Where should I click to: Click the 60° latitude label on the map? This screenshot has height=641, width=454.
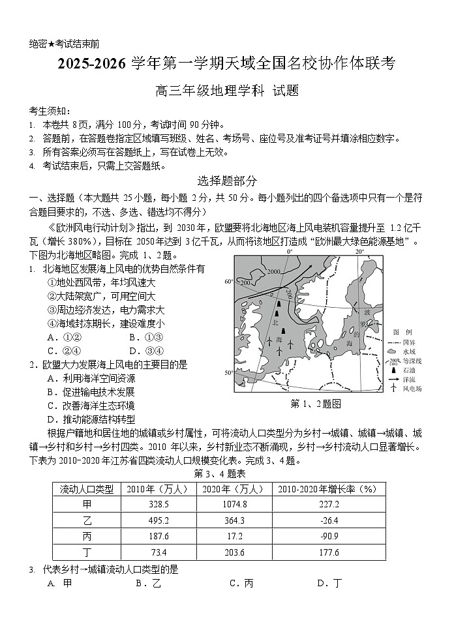229,282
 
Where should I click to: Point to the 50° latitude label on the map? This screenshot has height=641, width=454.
229,373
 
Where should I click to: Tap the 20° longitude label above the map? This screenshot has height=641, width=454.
359,251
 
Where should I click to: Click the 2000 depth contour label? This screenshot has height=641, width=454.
273,271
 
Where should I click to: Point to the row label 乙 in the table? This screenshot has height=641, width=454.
87,520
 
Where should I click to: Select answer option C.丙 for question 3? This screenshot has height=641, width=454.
241,584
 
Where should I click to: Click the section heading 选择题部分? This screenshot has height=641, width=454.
226,181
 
